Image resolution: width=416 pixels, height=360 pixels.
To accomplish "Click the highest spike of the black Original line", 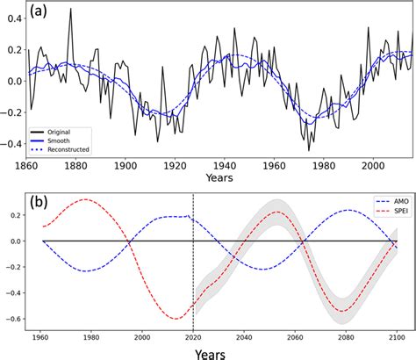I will [71, 9].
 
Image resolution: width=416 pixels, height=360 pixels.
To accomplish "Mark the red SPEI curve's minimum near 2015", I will [179, 319].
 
